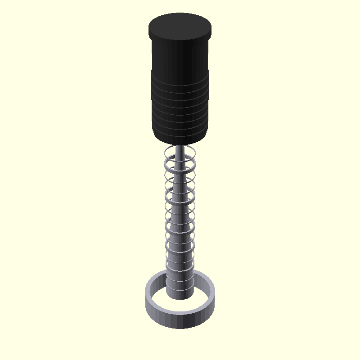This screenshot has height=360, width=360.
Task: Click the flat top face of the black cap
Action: click(180, 26)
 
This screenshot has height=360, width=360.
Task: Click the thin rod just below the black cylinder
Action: click(180, 151)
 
